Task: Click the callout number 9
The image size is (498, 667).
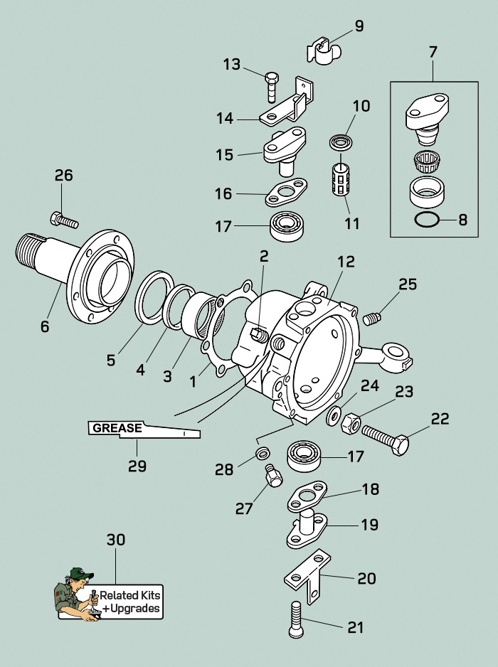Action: pyautogui.click(x=359, y=26)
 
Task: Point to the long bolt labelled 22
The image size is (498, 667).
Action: pyautogui.click(x=384, y=439)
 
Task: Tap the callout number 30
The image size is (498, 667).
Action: pyautogui.click(x=115, y=540)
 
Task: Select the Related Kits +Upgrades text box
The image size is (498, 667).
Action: pyautogui.click(x=130, y=602)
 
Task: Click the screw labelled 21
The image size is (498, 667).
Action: pyautogui.click(x=297, y=620)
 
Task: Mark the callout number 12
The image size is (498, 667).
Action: pyautogui.click(x=346, y=262)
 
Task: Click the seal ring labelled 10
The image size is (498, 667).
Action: pyautogui.click(x=339, y=143)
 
